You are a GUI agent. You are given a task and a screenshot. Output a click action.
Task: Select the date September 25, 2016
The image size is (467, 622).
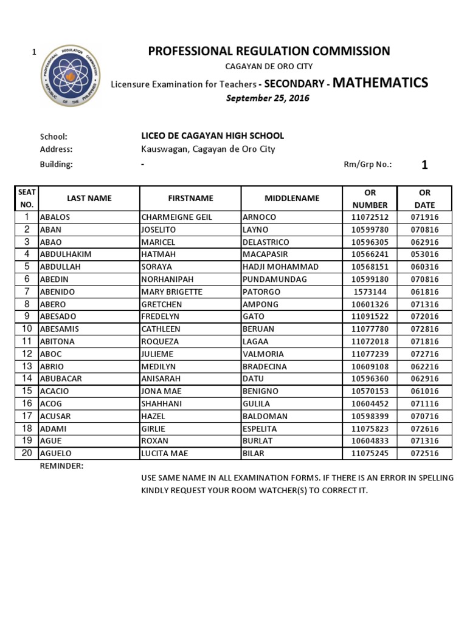tap(268, 98)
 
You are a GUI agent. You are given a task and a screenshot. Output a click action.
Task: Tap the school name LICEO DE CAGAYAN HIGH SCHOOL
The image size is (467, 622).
tap(212, 136)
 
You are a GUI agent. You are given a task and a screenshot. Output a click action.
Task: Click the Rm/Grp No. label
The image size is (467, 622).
tap(368, 165)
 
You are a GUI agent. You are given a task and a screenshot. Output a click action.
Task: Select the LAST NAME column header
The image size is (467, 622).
tap(89, 198)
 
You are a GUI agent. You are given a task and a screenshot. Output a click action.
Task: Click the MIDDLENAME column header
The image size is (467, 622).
tap(292, 198)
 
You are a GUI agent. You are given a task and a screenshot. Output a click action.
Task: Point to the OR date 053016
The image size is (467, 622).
tap(424, 255)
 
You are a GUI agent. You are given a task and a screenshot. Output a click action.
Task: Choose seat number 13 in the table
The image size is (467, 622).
tap(27, 366)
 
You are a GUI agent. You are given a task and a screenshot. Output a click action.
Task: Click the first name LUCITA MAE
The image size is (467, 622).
tap(165, 453)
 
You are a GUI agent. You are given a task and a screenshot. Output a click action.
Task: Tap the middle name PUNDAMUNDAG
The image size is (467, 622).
tap(275, 279)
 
